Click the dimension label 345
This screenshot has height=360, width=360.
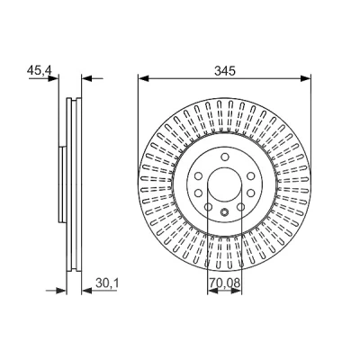point(225,71)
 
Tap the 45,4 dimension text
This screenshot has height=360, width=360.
point(40,71)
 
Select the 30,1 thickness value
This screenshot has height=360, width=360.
point(107,283)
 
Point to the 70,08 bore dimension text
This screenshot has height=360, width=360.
point(225,283)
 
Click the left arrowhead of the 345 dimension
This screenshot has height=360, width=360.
point(144,78)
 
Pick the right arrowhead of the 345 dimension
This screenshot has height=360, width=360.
point(306,78)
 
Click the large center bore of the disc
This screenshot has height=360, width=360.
point(225,183)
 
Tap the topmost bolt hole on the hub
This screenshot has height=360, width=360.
point(225,157)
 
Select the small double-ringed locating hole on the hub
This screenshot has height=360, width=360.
point(225,212)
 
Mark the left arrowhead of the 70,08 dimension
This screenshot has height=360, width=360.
point(212,291)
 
